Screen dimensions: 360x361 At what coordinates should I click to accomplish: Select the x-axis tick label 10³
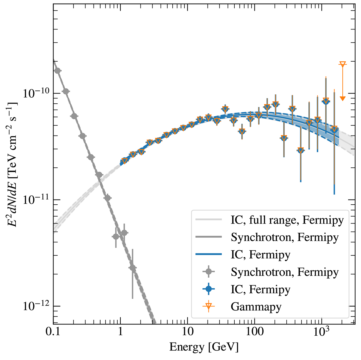coord(321,332)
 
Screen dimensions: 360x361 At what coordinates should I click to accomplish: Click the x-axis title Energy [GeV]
coord(204,347)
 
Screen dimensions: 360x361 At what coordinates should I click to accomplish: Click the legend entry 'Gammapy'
coord(256,307)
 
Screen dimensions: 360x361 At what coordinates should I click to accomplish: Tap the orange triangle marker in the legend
coord(208,307)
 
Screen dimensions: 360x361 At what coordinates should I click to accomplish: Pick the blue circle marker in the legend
coord(208,289)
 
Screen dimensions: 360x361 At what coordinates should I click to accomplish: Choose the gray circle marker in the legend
coord(208,272)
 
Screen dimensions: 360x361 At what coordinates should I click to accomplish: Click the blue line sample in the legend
coord(208,255)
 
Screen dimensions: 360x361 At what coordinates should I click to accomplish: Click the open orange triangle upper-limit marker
coord(342,64)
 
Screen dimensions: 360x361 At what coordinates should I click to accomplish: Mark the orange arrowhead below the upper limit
coord(342,98)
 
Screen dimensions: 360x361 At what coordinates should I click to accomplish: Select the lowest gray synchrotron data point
coord(132,267)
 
